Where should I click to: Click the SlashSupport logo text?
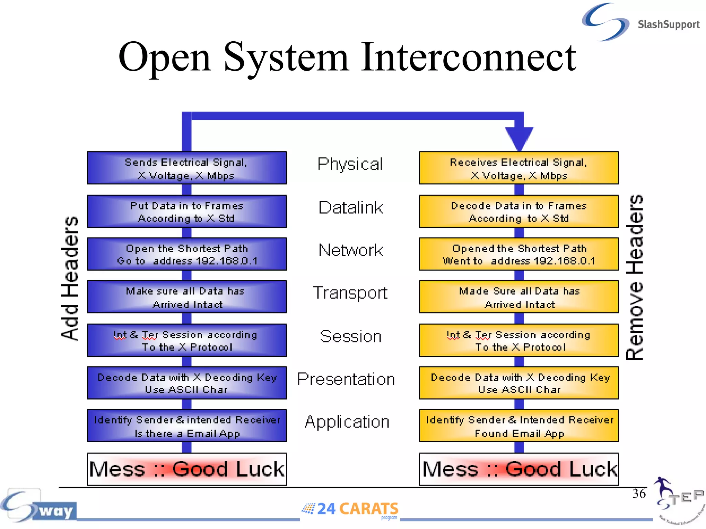coord(668,24)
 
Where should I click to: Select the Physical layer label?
coord(350,164)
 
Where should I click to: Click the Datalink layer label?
coord(351,208)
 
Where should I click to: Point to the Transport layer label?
coord(350,293)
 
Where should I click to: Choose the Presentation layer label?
coord(346,379)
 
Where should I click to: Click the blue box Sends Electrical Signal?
coord(186,168)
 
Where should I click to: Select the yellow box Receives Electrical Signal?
coord(519,168)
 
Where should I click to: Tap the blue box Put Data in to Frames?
coord(186,211)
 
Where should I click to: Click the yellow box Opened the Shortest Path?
coord(519,254)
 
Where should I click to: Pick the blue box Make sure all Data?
coord(186,297)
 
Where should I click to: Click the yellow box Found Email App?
coord(519,426)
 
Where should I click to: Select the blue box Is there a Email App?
coord(186,426)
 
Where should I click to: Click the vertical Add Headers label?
coord(70,278)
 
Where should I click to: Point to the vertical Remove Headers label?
coord(635,278)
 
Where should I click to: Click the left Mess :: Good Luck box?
coord(186,469)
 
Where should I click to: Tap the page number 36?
coord(638,494)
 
